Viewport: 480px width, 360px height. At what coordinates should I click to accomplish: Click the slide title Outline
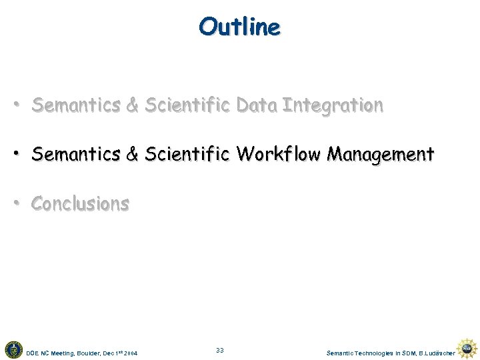[x=239, y=27]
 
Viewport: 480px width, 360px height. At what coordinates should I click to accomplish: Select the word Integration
[x=333, y=105]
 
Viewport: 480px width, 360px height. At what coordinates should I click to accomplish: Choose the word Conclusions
[x=80, y=203]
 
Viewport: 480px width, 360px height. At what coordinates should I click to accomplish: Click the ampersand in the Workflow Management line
[x=132, y=155]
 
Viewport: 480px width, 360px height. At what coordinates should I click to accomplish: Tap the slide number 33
[x=220, y=351]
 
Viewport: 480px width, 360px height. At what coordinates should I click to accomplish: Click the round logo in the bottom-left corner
[x=13, y=349]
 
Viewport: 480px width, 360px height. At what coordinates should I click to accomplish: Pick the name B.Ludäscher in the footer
[x=437, y=353]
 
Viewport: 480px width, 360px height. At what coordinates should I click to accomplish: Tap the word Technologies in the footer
[x=376, y=353]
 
